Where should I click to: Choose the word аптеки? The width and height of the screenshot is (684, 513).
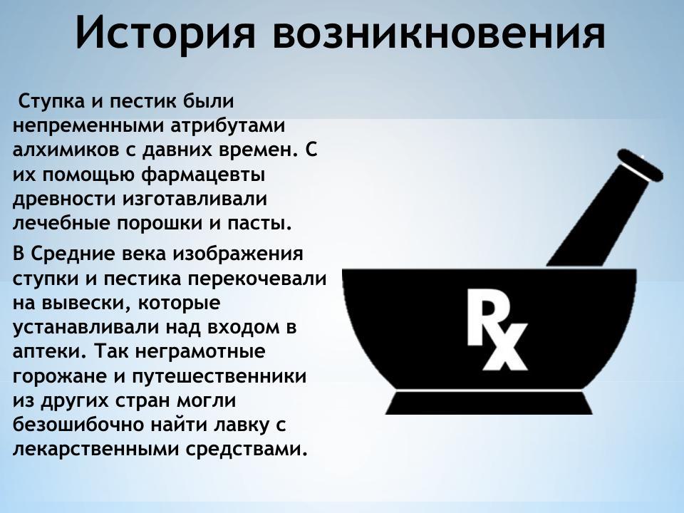click(46, 352)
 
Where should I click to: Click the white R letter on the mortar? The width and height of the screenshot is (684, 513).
click(483, 313)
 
